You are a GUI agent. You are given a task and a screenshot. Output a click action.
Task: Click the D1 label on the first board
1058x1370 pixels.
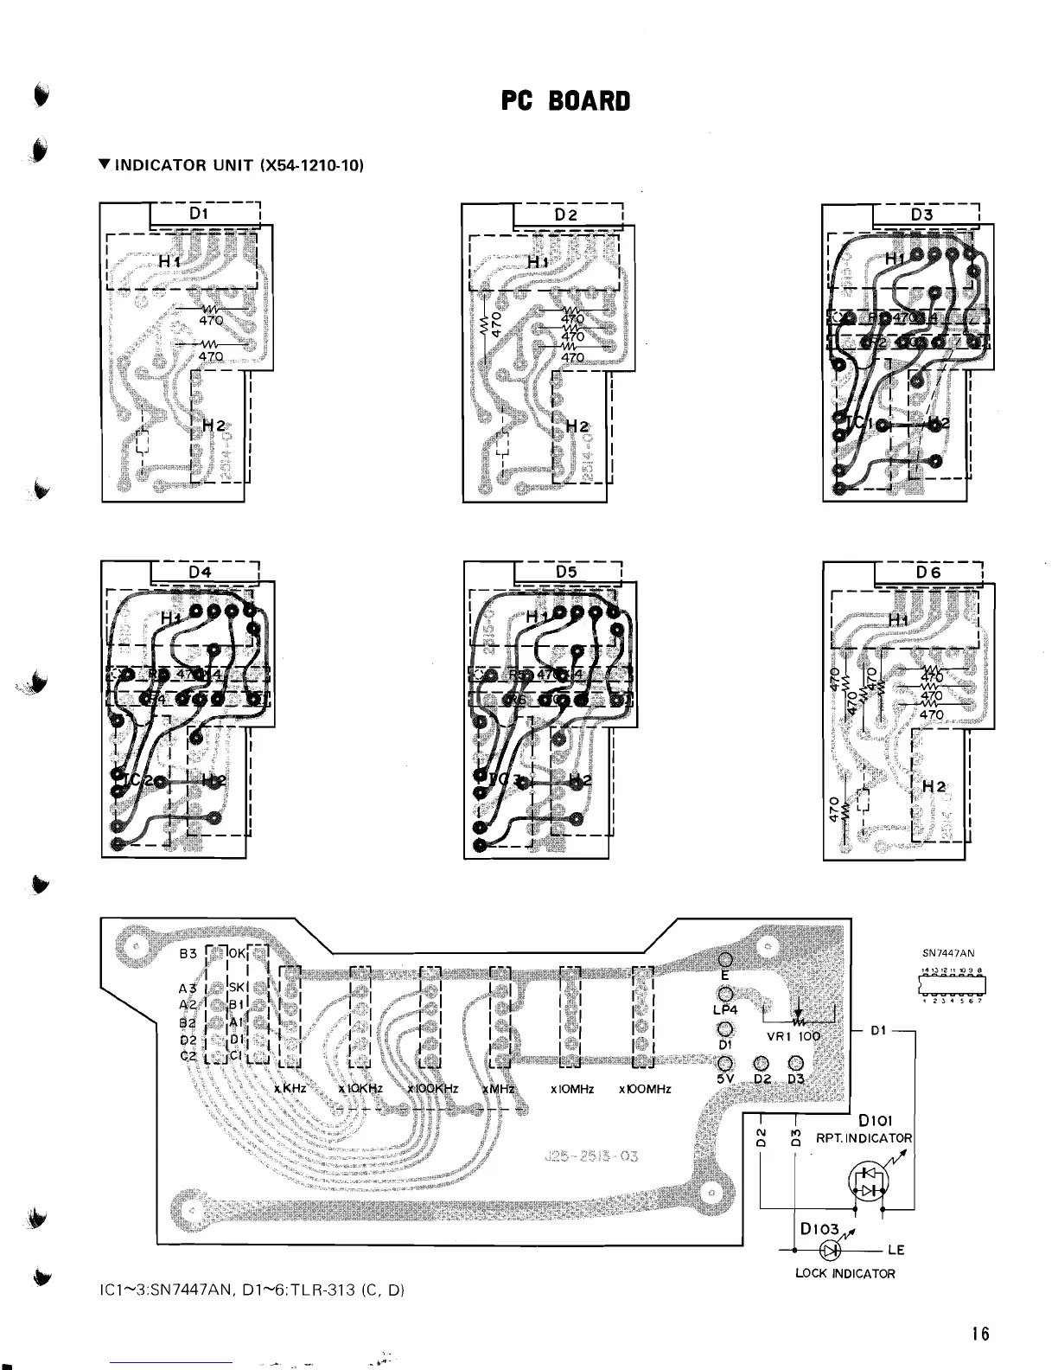pyautogui.click(x=199, y=214)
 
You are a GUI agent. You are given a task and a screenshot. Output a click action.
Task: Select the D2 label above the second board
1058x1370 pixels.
pyautogui.click(x=565, y=214)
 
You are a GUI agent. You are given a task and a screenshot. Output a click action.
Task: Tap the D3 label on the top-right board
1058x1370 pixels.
pyautogui.click(x=922, y=214)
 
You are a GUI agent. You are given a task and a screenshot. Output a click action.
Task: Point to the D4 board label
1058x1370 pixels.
pyautogui.click(x=200, y=572)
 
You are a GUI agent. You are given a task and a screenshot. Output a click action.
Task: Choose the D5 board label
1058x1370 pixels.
pyautogui.click(x=566, y=572)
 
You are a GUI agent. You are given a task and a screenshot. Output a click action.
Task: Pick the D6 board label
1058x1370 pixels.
pyautogui.click(x=928, y=572)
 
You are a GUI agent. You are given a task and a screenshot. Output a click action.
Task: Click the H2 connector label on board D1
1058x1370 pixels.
pyautogui.click(x=214, y=426)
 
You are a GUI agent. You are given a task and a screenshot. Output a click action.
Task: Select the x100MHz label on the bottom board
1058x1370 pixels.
pyautogui.click(x=645, y=1089)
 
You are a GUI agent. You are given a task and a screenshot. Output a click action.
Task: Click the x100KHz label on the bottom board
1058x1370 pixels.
pyautogui.click(x=433, y=1089)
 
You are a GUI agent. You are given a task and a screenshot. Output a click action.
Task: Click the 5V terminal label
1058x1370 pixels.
pyautogui.click(x=726, y=1080)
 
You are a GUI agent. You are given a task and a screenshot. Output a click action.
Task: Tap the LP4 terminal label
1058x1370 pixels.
pyautogui.click(x=726, y=1009)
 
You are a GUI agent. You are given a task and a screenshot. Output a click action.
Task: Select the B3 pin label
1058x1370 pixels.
pyautogui.click(x=188, y=955)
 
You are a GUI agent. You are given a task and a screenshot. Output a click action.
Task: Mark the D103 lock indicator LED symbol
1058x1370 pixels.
pyautogui.click(x=832, y=1250)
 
